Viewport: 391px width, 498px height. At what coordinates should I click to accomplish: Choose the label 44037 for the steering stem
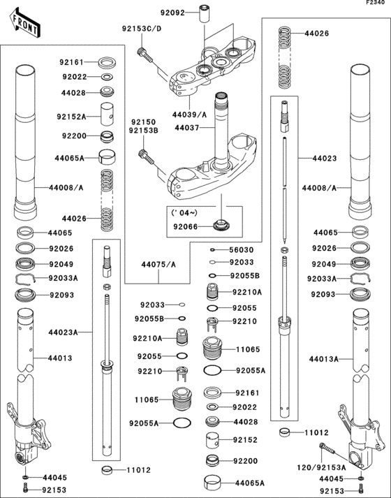pyautogui.click(x=187, y=129)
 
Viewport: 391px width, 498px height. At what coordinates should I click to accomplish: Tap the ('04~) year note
pyautogui.click(x=185, y=212)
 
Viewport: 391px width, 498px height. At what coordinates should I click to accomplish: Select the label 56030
pyautogui.click(x=242, y=249)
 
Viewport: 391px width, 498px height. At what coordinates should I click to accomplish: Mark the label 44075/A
pyautogui.click(x=158, y=265)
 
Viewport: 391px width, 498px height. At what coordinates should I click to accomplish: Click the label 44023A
pyautogui.click(x=64, y=332)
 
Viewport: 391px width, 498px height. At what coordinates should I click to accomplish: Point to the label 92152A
pyautogui.click(x=71, y=117)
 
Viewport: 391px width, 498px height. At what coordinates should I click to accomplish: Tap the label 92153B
pyautogui.click(x=143, y=130)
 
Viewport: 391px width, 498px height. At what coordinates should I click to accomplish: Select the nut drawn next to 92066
pyautogui.click(x=219, y=226)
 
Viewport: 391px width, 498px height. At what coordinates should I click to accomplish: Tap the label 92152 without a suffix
pyautogui.click(x=246, y=441)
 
